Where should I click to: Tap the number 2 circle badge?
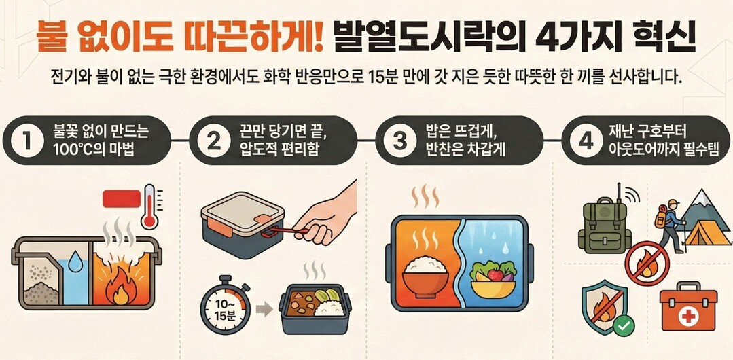213,141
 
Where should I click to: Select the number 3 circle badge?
400,141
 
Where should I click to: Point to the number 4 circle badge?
586,141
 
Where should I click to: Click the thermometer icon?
150,206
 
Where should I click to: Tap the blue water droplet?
75,262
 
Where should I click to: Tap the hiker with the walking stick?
668,224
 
